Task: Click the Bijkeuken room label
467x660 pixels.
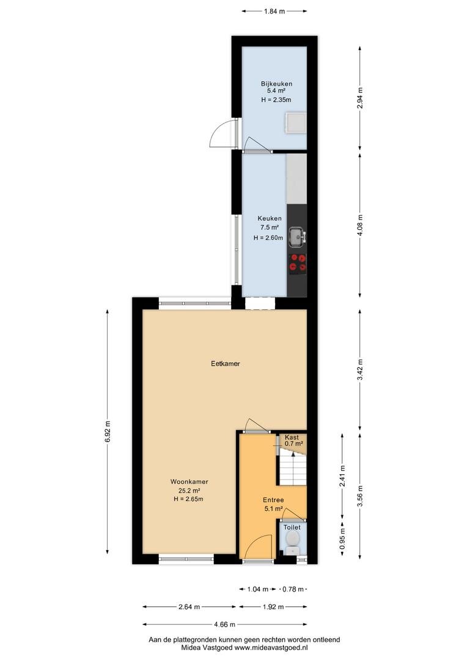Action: [276, 84]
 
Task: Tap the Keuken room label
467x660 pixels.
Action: [270, 218]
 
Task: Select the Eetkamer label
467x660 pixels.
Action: [226, 364]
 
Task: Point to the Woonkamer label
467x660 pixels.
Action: [189, 482]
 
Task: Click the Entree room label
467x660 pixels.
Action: [273, 500]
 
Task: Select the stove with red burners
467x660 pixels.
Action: [297, 263]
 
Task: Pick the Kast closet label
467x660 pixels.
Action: [292, 438]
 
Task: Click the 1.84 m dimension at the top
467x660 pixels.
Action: [274, 12]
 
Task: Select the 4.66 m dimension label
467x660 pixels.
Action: [224, 624]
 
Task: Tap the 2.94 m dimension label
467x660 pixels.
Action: [359, 98]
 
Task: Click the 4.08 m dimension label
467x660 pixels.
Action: [359, 226]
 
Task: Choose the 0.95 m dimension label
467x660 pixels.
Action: [342, 539]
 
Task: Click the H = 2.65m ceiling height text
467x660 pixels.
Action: [189, 499]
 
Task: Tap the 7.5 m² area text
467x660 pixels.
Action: [270, 227]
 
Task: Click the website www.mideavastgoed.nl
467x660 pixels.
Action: [271, 648]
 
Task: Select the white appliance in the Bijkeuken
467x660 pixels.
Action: [296, 122]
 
